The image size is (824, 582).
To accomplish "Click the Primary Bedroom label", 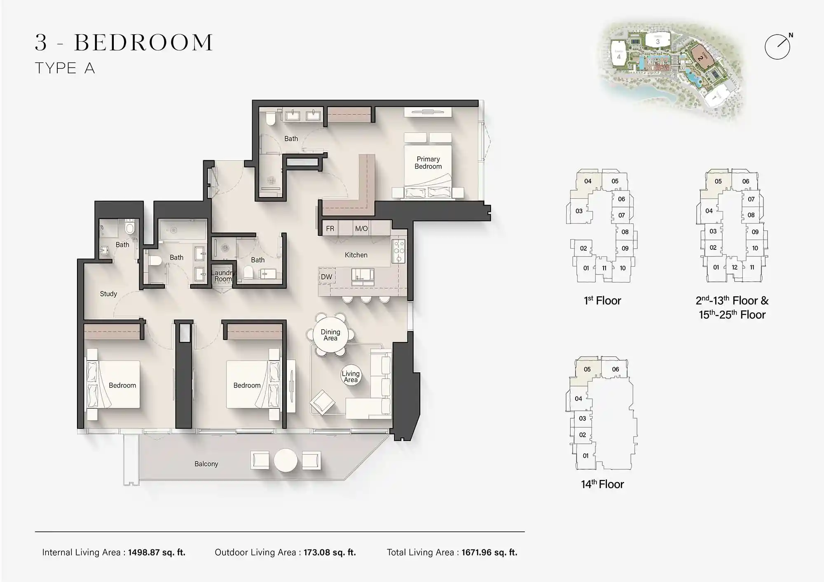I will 428,163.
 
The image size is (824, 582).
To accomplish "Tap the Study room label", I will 108,294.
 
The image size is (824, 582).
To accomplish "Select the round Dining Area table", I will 330,335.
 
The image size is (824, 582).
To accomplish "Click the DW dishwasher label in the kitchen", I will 326,277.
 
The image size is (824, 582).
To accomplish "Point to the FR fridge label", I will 330,228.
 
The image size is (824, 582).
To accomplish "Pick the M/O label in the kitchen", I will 361,228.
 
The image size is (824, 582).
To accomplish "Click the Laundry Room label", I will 223,276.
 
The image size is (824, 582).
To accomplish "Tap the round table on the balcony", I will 286,460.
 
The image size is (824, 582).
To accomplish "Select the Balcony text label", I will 206,464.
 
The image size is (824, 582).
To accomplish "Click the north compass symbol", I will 777,47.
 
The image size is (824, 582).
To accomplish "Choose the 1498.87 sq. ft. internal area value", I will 157,552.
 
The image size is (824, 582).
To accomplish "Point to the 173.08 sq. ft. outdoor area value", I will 330,552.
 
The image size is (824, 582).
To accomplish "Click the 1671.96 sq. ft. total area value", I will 489,552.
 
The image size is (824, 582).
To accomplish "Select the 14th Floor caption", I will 602,484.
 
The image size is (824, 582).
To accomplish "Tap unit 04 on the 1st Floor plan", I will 588,181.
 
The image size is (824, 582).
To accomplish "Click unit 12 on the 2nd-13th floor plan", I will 735,267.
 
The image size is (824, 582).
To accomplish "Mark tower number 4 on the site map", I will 618,56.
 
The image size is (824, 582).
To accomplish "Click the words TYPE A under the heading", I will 65,68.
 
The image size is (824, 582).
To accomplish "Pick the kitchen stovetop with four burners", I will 399,251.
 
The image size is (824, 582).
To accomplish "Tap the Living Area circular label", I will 351,376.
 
